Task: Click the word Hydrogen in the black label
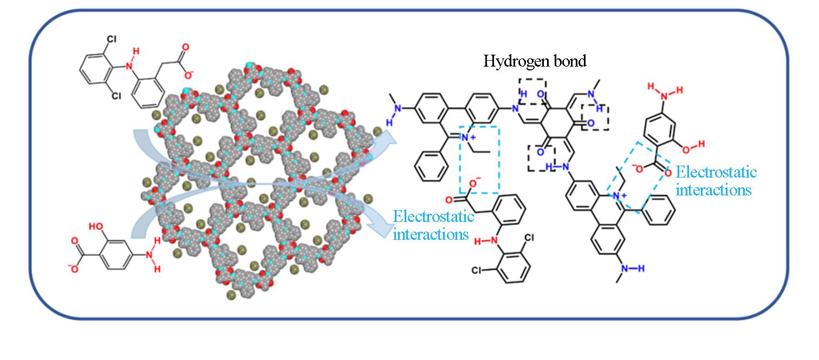[511, 61]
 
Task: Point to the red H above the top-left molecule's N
[136, 51]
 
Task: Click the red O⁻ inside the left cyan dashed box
[473, 185]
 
